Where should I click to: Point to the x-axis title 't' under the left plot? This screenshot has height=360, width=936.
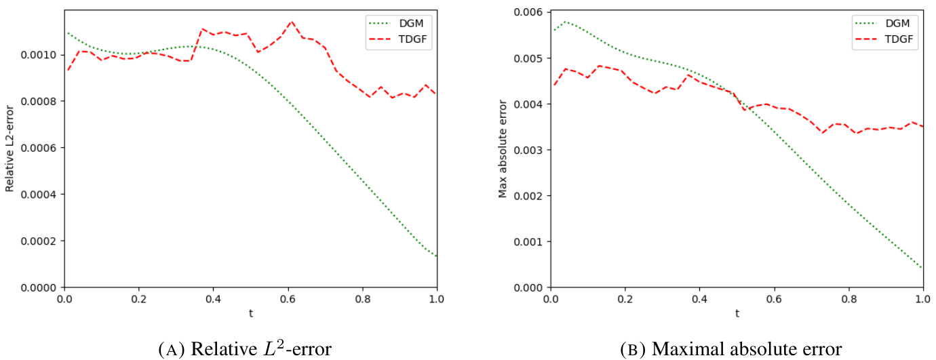pos(250,314)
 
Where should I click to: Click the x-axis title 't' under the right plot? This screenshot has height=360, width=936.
pos(737,314)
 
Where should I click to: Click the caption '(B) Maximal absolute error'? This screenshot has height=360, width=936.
pos(731,349)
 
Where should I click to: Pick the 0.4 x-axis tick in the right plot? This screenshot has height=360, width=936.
pos(700,299)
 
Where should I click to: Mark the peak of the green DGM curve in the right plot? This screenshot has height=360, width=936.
pos(564,22)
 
